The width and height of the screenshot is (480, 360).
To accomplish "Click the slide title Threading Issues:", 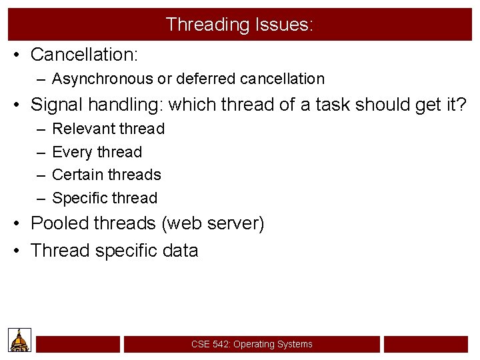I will (x=239, y=25).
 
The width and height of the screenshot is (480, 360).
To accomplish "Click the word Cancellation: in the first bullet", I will (x=83, y=54).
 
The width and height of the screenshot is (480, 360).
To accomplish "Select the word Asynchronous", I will (x=102, y=79).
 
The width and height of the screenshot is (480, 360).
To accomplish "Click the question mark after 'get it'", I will (x=460, y=104).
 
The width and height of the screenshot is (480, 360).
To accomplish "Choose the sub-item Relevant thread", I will (x=108, y=129).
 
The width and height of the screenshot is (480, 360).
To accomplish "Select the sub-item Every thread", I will (x=97, y=152).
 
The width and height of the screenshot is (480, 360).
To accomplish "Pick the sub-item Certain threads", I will (x=107, y=175).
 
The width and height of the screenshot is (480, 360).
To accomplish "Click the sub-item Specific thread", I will (x=105, y=198).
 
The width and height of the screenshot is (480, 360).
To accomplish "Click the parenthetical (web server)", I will (x=213, y=223).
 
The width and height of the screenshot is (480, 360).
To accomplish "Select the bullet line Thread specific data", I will (x=115, y=251).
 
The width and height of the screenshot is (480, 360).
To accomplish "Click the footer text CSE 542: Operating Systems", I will (x=251, y=344).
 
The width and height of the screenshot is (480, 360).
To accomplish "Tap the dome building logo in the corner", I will (x=20, y=340).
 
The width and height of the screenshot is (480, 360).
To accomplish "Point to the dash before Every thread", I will (x=41, y=152).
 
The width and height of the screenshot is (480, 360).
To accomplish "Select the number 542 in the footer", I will (x=220, y=344).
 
